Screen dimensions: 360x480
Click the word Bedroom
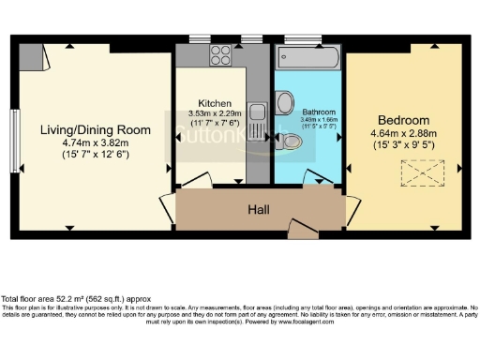click(403, 121)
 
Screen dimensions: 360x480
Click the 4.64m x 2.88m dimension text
click(403, 134)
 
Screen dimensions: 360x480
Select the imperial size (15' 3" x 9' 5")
click(403, 146)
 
